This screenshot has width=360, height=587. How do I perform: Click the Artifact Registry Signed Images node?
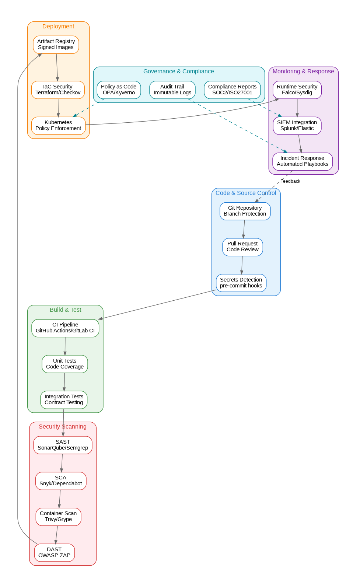pos(56,45)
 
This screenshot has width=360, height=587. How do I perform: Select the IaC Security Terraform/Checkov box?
pos(58,90)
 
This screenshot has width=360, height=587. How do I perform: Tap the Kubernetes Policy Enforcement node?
pos(58,126)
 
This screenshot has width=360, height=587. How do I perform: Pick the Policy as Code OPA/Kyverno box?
pos(119,90)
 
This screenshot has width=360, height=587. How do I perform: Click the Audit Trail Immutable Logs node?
pos(172,90)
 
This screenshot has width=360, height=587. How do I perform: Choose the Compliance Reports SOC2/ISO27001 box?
pos(232,90)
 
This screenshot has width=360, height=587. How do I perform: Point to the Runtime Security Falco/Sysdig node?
pos(297,90)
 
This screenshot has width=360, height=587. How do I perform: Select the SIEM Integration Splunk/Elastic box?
pos(297,126)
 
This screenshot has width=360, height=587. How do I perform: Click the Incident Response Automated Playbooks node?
pos(303,161)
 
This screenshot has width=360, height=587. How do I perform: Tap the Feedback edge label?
pos(290,181)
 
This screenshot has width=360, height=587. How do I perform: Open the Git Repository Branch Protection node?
pos(245,211)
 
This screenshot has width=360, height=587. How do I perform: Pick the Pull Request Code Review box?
pos(242,247)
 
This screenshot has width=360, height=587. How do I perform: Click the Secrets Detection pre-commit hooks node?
pos(241,283)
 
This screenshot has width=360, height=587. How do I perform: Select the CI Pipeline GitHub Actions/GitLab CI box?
pos(65,328)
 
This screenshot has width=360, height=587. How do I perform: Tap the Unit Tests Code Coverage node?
pos(65,364)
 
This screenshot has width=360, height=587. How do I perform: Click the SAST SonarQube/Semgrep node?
pos(63,445)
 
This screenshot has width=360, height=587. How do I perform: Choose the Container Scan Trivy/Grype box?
pos(58,517)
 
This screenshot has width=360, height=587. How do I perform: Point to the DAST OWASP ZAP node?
pos(54,553)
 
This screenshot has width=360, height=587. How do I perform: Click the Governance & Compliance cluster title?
pos(178,71)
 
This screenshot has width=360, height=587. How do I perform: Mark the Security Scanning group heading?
pos(63,427)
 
